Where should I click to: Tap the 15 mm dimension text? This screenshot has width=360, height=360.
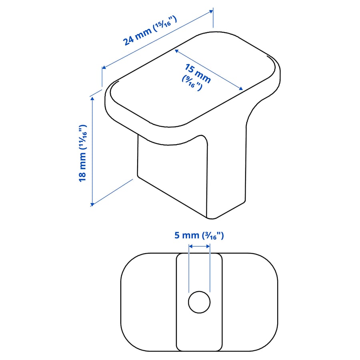click(x=198, y=74)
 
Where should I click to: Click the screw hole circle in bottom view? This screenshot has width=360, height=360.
click(x=199, y=302)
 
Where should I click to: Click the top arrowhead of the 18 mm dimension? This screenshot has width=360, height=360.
click(x=92, y=98)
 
